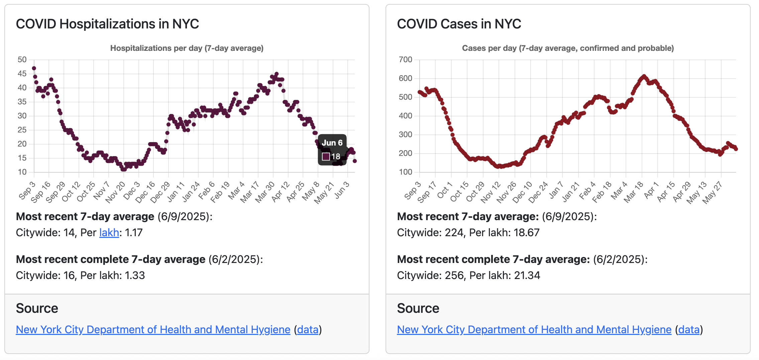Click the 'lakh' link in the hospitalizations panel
[109, 233]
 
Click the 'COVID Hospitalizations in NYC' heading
[107, 24]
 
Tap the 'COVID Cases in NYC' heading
[459, 24]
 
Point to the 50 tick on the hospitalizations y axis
[22, 60]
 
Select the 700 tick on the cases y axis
[405, 60]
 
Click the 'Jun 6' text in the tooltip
[332, 143]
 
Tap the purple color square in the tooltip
[326, 157]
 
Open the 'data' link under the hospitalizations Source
[308, 330]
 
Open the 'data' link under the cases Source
[689, 330]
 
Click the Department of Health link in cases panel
[534, 330]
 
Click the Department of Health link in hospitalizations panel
[153, 330]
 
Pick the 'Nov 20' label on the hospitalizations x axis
[116, 192]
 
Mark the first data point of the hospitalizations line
[34, 68]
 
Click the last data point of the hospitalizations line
[355, 161]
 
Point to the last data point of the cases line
[736, 149]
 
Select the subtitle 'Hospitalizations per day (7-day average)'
[187, 48]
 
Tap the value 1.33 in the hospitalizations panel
[135, 275]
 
